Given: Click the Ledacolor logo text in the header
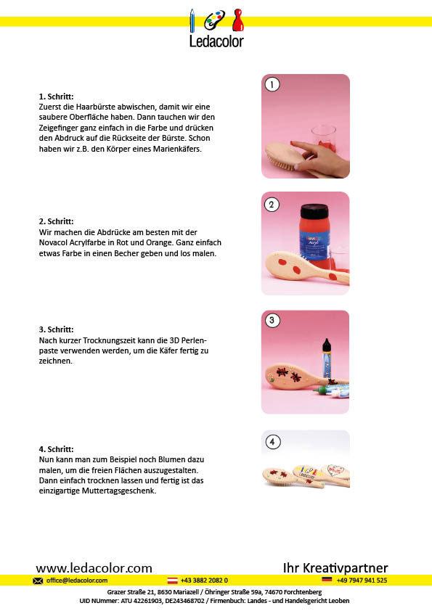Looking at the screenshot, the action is tap(216, 41).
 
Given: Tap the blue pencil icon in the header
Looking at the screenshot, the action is tap(192, 20).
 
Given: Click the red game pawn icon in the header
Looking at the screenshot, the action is tap(238, 20).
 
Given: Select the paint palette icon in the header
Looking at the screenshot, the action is tap(214, 20).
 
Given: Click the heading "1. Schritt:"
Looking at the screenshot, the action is tap(56, 97).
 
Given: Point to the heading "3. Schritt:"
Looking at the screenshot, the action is tap(56, 329).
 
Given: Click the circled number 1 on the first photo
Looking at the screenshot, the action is tap(272, 85).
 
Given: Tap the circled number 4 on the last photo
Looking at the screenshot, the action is tap(272, 442).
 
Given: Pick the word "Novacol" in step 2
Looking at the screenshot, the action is tap(54, 243).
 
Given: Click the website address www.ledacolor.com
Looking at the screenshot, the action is tap(94, 567).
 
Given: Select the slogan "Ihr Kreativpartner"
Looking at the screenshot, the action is tap(335, 567).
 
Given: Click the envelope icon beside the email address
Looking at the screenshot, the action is tap(38, 581).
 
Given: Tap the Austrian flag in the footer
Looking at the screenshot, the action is tap(172, 581).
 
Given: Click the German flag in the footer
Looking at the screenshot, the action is tap(327, 580).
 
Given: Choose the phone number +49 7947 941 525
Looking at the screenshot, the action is tap(362, 581).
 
